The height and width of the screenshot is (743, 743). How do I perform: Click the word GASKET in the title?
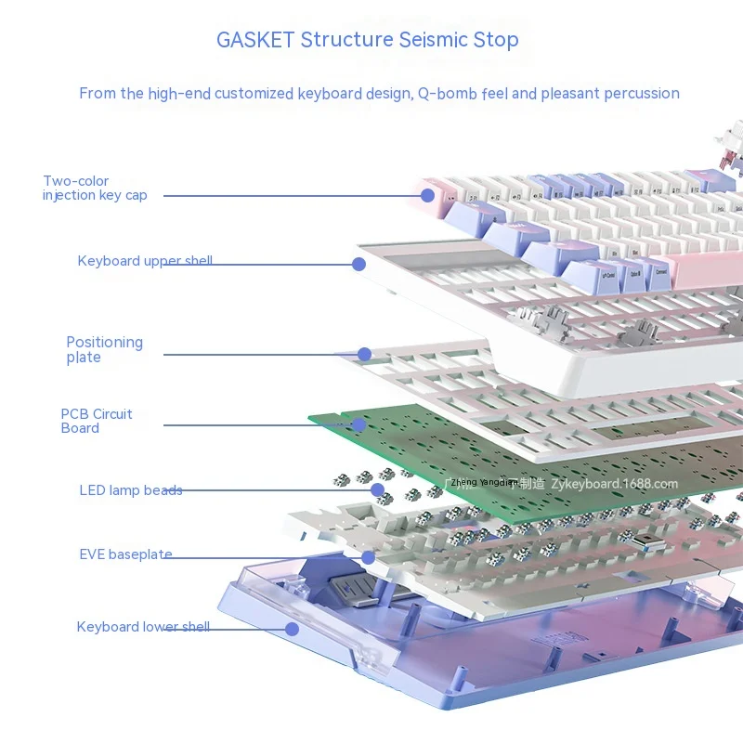tap(255, 40)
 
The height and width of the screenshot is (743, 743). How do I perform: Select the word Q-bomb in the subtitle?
tap(449, 93)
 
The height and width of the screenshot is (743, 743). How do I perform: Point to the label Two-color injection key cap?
tap(95, 188)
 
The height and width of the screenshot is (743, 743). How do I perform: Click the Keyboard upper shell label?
tap(145, 261)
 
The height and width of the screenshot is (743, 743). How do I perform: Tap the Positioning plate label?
tap(104, 349)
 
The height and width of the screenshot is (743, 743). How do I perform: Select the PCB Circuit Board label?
tap(97, 421)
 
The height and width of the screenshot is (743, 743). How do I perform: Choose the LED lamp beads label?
tap(131, 490)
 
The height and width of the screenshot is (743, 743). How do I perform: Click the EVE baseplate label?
tap(125, 554)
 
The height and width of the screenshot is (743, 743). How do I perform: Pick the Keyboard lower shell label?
tap(143, 627)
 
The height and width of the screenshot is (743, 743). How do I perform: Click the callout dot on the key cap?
tap(427, 195)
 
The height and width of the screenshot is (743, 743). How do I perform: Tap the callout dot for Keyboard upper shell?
tap(358, 265)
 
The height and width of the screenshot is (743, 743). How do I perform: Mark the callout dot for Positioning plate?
tap(364, 354)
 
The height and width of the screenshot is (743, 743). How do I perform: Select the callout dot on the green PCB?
tap(358, 425)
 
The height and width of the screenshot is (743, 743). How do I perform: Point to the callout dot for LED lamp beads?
tap(377, 489)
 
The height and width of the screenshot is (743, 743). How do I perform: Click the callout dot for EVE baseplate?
tap(368, 557)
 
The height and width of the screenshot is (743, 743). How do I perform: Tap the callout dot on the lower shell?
tap(292, 629)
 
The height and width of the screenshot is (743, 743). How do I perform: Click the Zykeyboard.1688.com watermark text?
tap(615, 483)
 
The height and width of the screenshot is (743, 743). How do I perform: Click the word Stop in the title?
tap(497, 40)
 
